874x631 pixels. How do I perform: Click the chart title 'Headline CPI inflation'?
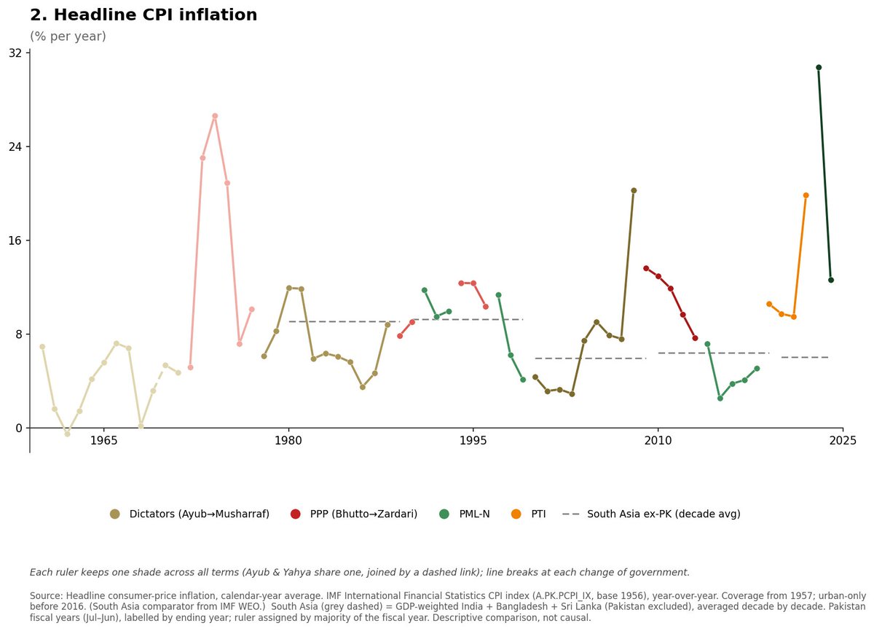(155, 15)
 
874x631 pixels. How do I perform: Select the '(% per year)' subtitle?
(68, 36)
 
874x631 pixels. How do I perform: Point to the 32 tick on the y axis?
(15, 52)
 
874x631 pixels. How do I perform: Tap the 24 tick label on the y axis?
(15, 146)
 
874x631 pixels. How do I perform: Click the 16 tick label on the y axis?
(15, 240)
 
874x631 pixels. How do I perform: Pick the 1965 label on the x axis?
(103, 441)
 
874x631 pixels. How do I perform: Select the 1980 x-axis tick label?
(288, 441)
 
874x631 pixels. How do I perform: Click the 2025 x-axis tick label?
(843, 441)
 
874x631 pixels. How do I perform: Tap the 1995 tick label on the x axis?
(473, 441)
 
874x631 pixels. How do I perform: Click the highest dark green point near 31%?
(819, 68)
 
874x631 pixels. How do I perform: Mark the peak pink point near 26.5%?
(215, 116)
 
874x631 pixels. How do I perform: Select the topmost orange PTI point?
(806, 195)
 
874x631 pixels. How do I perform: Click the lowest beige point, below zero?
(67, 434)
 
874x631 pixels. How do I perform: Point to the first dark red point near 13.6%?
(646, 268)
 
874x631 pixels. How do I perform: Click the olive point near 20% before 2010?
(634, 190)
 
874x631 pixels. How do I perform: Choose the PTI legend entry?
(528, 514)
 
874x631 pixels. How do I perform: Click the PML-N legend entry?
(465, 514)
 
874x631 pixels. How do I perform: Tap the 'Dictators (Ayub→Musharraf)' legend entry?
(189, 514)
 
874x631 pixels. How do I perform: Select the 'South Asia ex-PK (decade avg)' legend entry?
(651, 514)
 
